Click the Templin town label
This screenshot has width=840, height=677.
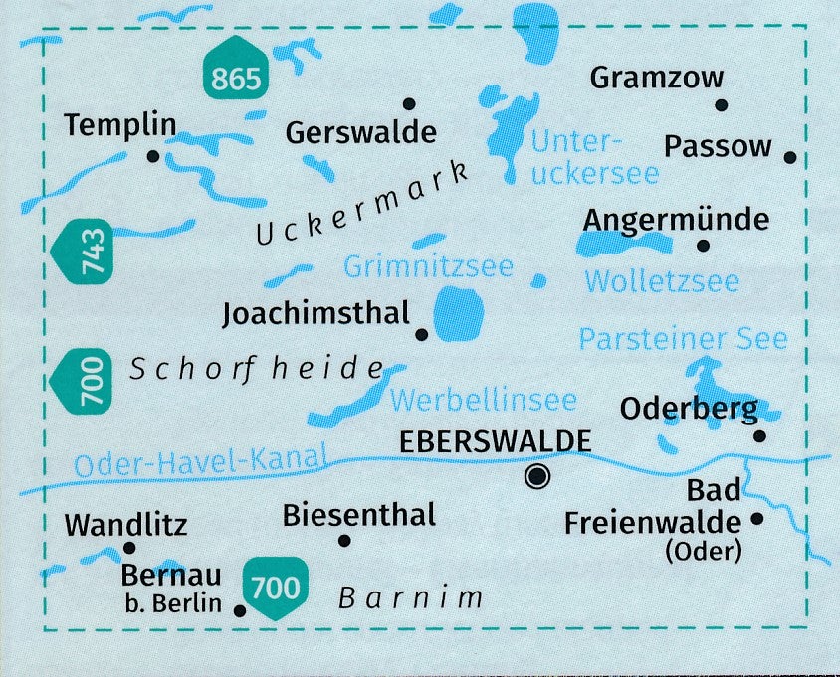120,125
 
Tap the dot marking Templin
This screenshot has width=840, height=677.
153,156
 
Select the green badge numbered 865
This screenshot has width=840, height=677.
236,78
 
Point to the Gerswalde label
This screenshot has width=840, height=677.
360,132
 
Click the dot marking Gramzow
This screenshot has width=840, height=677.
722,105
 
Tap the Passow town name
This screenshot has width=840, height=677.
718,147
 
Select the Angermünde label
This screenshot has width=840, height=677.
677,219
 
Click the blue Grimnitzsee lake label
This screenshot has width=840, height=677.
428,266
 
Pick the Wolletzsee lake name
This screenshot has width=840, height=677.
662,281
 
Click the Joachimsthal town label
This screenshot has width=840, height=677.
316,314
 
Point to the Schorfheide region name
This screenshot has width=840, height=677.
256,369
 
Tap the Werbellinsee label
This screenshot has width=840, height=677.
484,400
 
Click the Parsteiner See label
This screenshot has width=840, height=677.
683,339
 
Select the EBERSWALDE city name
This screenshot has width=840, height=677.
495,440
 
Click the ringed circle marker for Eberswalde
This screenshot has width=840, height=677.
538,477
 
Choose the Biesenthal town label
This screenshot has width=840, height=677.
359,515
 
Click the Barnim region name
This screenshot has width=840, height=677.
410,598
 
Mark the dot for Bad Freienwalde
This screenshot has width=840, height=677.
757,518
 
